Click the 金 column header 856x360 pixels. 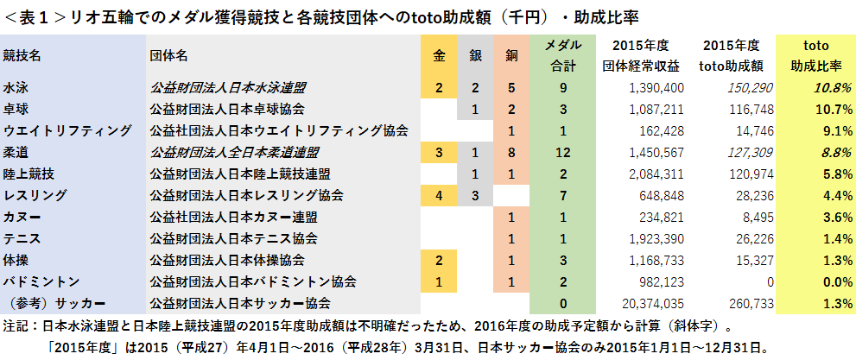(440, 55)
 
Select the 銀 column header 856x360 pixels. (475, 55)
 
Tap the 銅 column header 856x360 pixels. (511, 55)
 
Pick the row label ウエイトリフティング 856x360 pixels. (67, 130)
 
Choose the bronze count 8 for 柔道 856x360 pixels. (511, 152)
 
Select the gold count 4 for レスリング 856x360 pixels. (440, 195)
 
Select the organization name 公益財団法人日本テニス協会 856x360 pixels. (232, 238)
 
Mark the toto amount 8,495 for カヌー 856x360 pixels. (745, 217)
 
